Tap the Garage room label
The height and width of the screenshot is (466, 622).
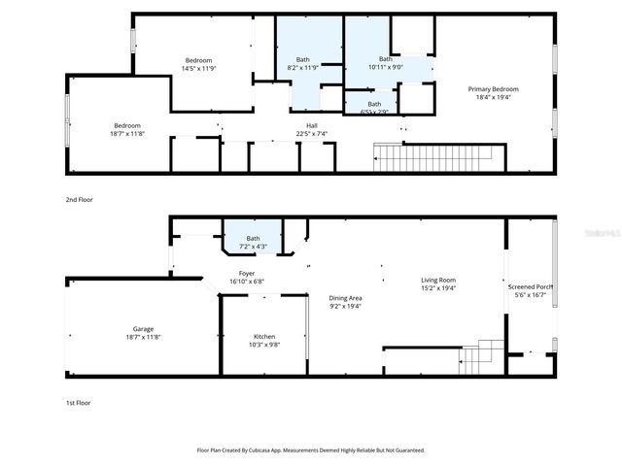point(142,329)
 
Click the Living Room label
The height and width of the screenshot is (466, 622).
point(438,280)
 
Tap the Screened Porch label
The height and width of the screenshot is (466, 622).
point(531,287)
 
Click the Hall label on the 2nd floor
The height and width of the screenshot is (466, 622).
point(312,125)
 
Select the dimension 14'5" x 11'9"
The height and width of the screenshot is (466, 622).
point(198,69)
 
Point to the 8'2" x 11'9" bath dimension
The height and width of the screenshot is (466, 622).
point(304,69)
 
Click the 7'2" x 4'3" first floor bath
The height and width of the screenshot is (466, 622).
point(253,247)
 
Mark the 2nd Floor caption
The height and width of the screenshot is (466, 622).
point(80,199)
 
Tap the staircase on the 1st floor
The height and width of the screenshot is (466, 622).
point(480,357)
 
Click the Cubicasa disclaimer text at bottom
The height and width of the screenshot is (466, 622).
point(311,450)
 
